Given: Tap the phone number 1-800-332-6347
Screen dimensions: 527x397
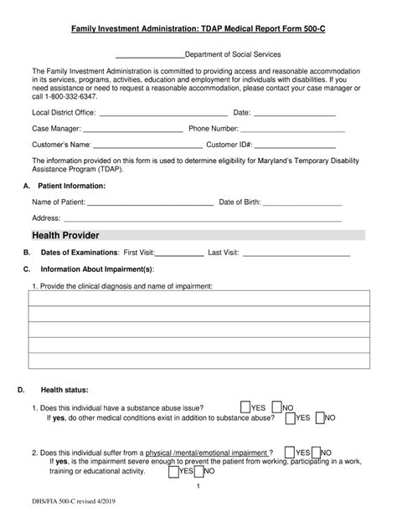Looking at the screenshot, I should (72, 96).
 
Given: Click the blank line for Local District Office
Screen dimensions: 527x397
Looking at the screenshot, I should (163, 113).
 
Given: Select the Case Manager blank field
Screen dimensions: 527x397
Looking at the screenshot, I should (133, 130).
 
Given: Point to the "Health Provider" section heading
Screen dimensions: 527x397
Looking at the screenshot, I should (66, 235).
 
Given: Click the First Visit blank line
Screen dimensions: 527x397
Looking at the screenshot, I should (179, 253).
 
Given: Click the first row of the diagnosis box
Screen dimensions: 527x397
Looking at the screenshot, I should (198, 299).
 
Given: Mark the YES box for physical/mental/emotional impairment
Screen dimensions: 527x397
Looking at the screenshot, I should (288, 451).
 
